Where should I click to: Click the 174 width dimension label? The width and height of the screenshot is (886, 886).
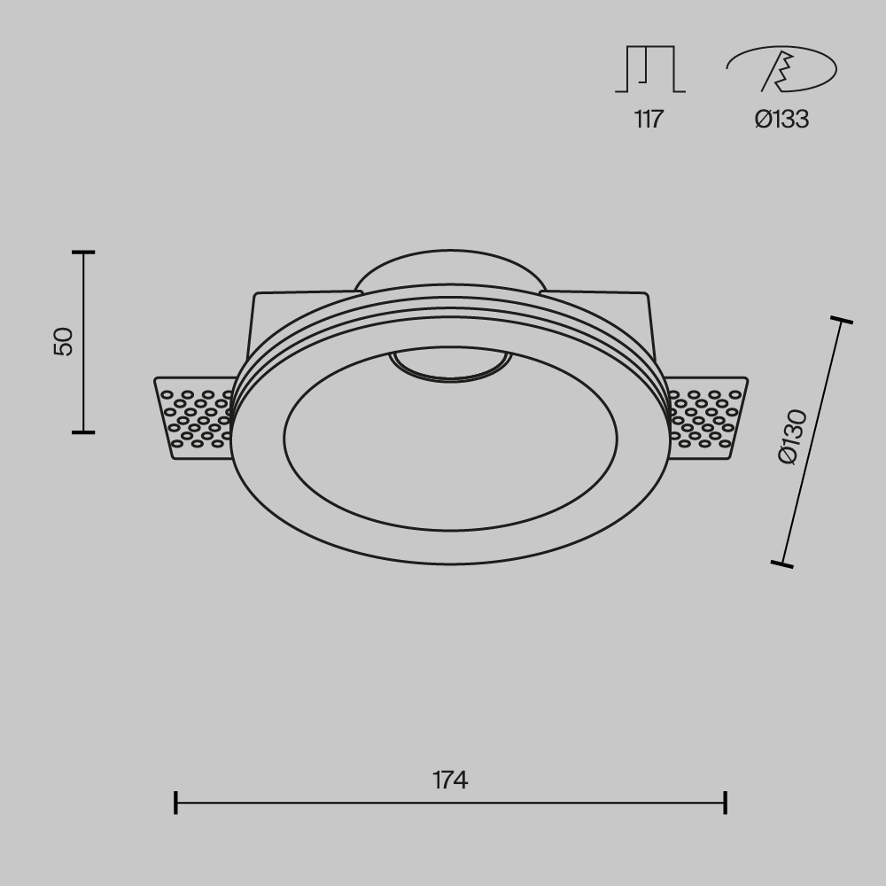450,780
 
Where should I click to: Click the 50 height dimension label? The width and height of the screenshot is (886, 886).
64,341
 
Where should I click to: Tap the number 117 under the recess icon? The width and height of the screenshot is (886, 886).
649,120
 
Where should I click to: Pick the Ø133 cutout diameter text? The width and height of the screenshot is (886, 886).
781,120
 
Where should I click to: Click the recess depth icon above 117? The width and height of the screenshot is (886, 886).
650,70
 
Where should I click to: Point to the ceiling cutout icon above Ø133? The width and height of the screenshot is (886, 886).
781,70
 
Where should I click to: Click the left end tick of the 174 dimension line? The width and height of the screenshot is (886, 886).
176,803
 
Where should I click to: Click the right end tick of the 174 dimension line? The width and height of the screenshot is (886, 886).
726,803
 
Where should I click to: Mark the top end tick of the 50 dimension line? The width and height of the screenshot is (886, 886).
83,253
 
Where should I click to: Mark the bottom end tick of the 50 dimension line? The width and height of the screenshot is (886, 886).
83,432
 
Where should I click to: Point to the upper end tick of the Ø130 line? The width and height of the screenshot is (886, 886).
841,320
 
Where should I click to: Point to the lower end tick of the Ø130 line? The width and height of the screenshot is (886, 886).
781,563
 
